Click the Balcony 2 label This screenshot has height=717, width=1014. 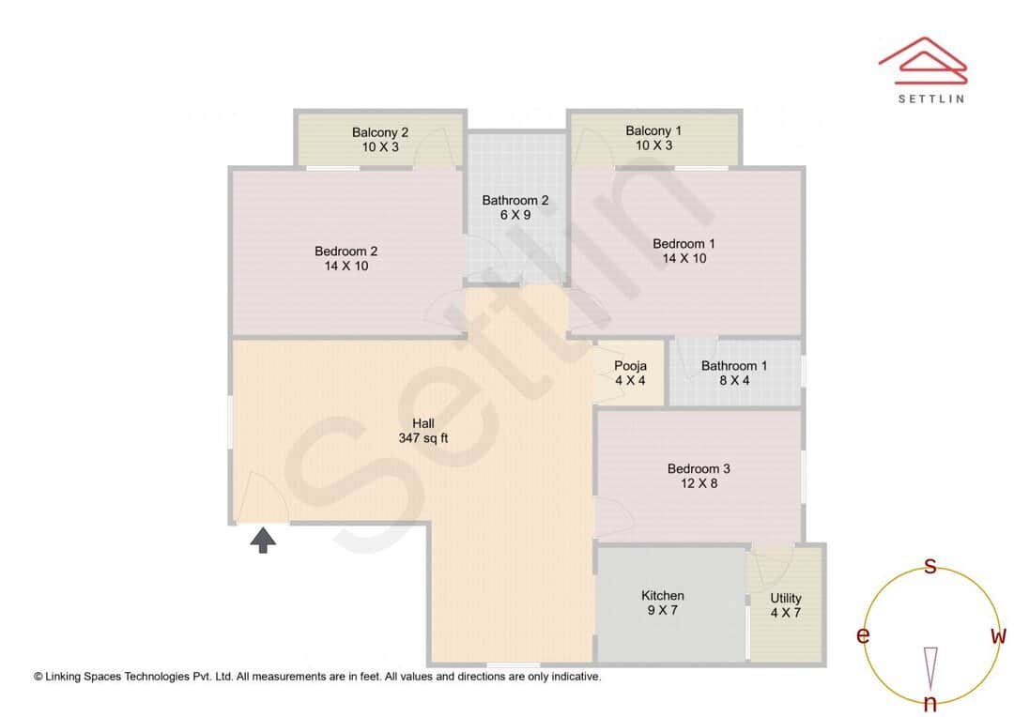379,132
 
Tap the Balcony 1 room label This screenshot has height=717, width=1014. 653,130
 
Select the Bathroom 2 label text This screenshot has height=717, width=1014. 515,200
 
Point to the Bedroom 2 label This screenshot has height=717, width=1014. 346,251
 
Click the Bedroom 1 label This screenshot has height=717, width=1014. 684,244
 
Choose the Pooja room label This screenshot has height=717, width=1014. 630,366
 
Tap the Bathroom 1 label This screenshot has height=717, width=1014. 734,366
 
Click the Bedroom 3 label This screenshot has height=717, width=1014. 699,468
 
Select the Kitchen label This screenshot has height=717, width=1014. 663,595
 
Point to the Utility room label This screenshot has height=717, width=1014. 786,598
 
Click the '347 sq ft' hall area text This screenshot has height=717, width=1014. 423,438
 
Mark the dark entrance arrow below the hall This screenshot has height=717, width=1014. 263,540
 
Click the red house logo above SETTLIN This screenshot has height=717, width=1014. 922,58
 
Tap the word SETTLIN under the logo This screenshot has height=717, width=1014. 930,98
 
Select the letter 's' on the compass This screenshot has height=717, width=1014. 930,566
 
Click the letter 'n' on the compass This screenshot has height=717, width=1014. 930,704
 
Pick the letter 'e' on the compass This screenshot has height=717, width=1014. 863,636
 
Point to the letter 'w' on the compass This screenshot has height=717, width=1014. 998,636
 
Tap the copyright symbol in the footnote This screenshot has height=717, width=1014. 38,676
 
